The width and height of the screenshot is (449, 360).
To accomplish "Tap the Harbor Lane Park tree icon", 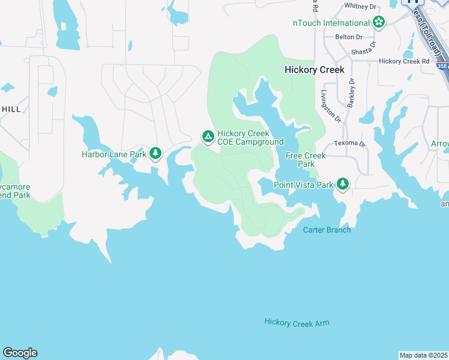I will [155, 154].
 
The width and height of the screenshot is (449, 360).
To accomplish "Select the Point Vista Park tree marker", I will [342, 184].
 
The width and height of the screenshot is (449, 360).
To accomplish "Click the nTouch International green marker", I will [379, 23].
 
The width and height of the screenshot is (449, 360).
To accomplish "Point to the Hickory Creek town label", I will [314, 70].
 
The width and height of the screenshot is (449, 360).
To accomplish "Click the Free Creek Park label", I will [306, 160].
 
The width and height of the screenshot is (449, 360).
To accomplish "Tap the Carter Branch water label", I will [327, 230].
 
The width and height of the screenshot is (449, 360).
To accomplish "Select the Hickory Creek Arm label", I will [297, 323].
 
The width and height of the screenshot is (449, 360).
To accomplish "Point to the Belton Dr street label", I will [345, 37].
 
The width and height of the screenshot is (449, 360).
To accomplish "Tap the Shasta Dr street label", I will [365, 48].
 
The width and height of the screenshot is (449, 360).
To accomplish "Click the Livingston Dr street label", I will [331, 106].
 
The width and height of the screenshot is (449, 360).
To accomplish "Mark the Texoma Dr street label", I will [349, 144].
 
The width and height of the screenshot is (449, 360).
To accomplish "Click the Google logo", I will [20, 353].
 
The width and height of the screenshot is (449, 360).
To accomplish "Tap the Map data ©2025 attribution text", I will [423, 355].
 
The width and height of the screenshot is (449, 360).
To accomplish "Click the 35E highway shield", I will [443, 65].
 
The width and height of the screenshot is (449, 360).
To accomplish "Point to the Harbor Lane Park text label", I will [114, 154].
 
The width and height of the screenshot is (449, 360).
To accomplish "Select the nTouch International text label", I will [331, 23].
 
